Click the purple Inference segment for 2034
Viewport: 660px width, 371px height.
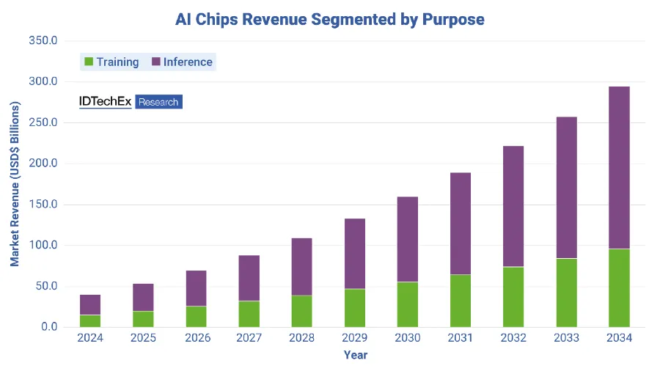click(x=619, y=167)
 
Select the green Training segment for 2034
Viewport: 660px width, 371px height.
click(x=619, y=288)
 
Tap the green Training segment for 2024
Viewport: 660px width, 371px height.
click(x=90, y=321)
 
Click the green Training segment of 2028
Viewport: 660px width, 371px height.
click(x=302, y=312)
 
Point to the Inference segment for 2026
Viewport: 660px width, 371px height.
click(x=196, y=288)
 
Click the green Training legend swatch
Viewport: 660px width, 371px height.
click(x=89, y=62)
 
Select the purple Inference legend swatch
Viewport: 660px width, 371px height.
click(x=155, y=62)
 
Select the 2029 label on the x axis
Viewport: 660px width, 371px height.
click(x=355, y=338)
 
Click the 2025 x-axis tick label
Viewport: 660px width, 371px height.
click(x=143, y=338)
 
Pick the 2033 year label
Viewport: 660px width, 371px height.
click(x=566, y=338)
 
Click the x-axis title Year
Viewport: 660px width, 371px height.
click(x=356, y=356)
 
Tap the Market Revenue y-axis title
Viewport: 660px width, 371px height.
click(x=15, y=183)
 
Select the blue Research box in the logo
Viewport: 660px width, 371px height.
click(x=158, y=102)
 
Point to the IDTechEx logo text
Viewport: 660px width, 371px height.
click(x=105, y=102)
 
